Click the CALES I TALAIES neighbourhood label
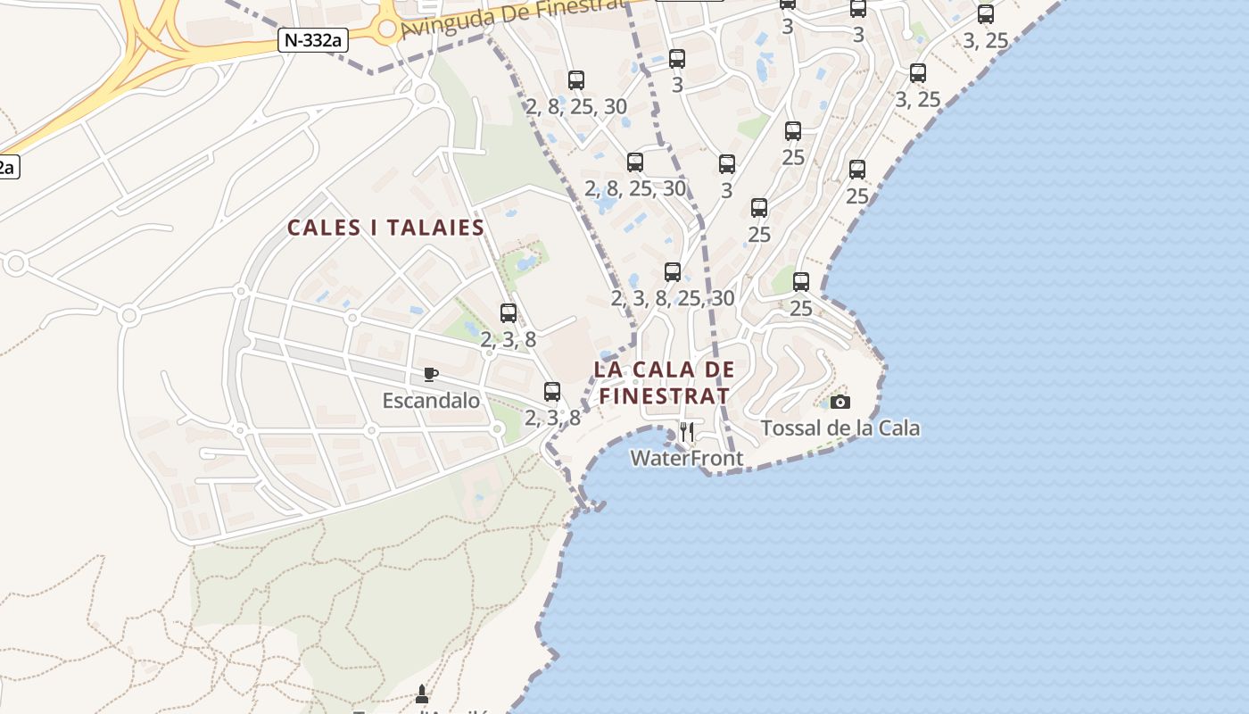tap(385, 228)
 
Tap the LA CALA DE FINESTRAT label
tap(664, 382)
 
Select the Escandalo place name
tap(431, 401)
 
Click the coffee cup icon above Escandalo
tap(431, 374)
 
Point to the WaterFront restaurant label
tap(686, 459)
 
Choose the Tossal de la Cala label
tap(840, 428)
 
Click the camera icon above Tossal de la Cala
tap(840, 403)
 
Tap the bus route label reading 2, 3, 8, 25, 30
tap(673, 298)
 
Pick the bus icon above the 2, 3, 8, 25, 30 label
tap(673, 272)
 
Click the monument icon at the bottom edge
tap(422, 693)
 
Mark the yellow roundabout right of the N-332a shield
tap(386, 29)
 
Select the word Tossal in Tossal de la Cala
tap(791, 428)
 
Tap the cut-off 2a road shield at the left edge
tap(7, 166)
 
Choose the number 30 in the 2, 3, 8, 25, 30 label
tap(723, 298)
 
